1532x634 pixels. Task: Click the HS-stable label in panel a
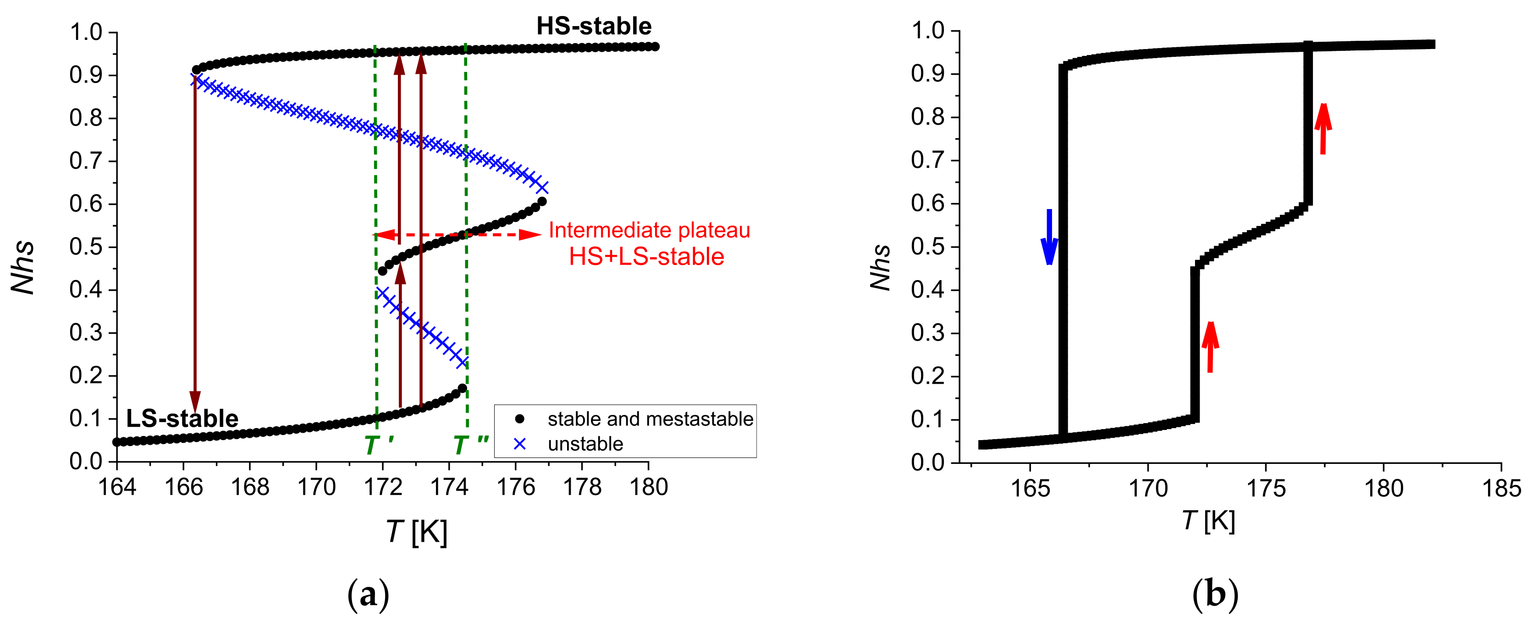594,26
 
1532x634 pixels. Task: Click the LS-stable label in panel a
182,419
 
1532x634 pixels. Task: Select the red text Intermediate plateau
649,230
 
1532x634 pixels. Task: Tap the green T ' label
378,445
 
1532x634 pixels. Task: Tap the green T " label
470,445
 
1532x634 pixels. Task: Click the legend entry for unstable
585,444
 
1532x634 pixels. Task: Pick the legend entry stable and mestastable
650,419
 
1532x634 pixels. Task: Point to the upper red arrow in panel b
1323,128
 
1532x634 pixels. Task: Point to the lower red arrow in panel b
1210,347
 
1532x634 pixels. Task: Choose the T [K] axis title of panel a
416,531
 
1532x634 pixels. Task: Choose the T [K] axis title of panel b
1208,521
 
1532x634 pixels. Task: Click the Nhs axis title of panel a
24,268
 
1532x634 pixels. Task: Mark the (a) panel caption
368,595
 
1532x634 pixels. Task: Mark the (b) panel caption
1215,595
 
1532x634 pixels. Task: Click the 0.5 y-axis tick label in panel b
927,247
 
